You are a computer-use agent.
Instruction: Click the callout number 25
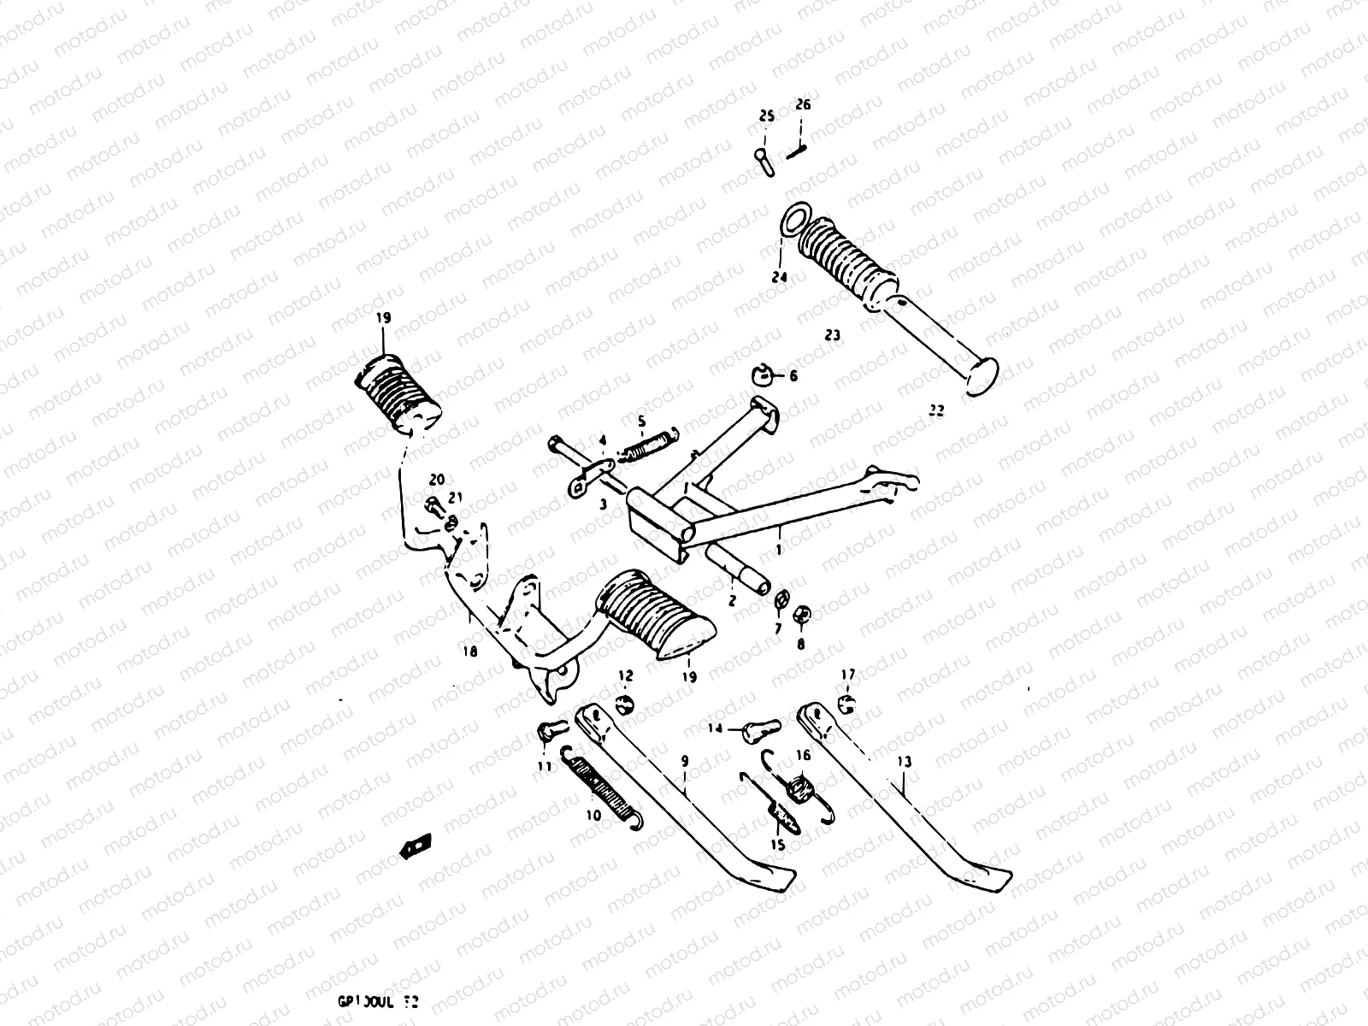tap(766, 116)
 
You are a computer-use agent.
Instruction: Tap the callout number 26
tap(803, 105)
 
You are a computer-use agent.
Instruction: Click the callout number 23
tap(833, 336)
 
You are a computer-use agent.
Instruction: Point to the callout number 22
tap(937, 411)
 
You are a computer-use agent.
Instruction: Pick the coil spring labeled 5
tap(654, 445)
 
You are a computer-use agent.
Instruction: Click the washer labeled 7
tap(780, 599)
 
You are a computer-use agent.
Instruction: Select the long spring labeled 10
tap(603, 784)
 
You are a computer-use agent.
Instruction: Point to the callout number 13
tap(905, 762)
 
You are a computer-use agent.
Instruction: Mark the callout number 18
tap(469, 652)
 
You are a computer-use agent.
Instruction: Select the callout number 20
tap(437, 480)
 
